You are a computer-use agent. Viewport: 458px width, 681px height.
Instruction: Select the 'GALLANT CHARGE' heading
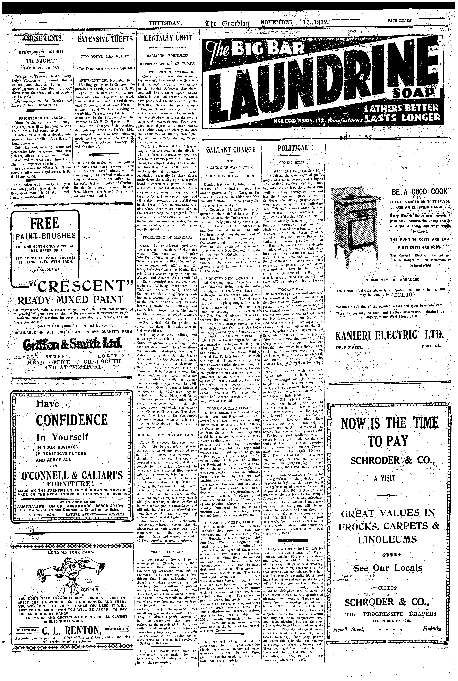pyautogui.click(x=231, y=150)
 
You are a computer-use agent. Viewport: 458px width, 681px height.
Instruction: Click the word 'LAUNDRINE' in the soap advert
pyautogui.click(x=321, y=85)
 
